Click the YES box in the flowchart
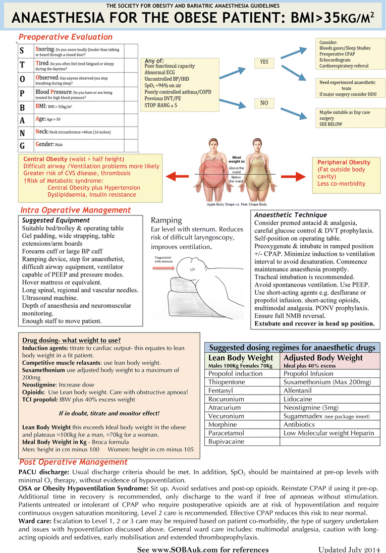pos(264,62)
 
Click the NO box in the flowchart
pos(263,103)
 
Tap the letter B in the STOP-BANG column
pos(22,107)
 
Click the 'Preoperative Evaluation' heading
pos(66,37)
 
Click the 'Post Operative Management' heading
pos(73,462)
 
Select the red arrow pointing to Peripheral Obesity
pos(299,176)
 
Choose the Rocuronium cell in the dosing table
pos(227,399)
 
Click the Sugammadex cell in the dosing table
pos(328,416)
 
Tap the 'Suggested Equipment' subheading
pos(56,220)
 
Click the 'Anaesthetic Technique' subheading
pos(291,215)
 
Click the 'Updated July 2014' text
pos(348,549)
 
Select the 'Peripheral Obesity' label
pos(344,162)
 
